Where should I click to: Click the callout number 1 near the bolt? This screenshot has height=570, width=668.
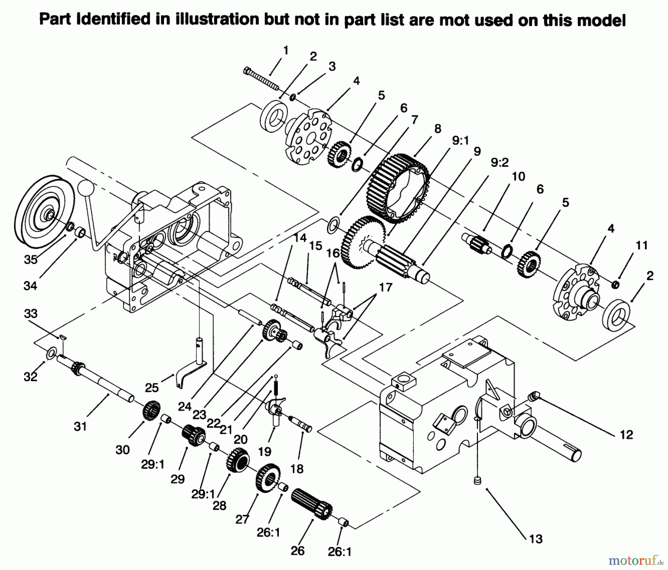(x=285, y=50)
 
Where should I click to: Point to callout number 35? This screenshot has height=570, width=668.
(x=31, y=259)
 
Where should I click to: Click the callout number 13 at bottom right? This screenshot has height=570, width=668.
(x=536, y=539)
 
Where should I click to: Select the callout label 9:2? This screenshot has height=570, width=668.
(x=500, y=162)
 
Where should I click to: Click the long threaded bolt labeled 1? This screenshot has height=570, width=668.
(x=261, y=79)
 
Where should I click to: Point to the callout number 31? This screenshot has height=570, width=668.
(x=80, y=426)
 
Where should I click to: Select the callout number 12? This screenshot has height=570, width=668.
(x=626, y=434)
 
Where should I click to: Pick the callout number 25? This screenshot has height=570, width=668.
(x=152, y=388)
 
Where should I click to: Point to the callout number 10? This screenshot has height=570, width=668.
(x=518, y=177)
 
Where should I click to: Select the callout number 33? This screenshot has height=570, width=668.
(x=31, y=314)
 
